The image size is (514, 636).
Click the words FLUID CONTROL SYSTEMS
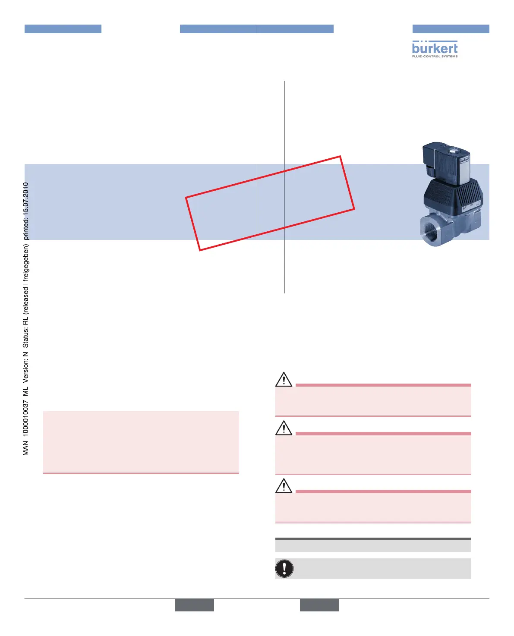click(435, 56)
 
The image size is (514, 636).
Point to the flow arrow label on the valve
click(464, 209)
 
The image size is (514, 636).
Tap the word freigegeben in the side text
click(26, 260)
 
